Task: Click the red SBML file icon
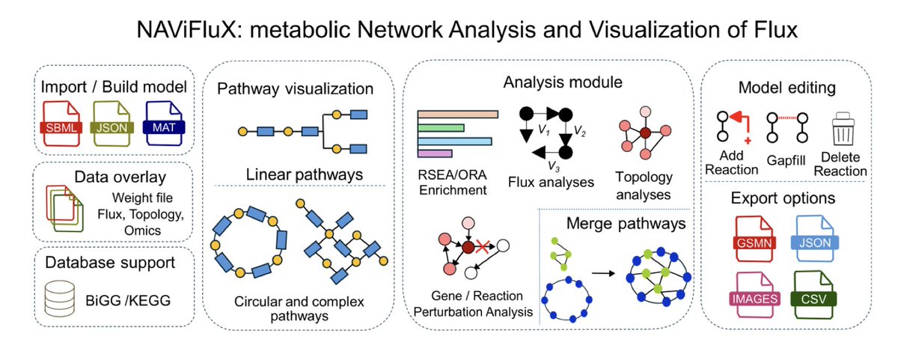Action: tap(61, 124)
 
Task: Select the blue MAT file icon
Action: tap(164, 123)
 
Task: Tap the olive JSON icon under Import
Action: tap(112, 124)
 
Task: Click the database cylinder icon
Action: tap(60, 299)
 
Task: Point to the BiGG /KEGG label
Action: tap(128, 300)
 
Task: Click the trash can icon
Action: tap(843, 129)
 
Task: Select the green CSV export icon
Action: tap(813, 295)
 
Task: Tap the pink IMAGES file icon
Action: tap(755, 295)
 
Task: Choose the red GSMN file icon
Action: tap(754, 239)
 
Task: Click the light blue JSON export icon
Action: tap(815, 239)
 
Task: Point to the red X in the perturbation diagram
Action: tap(482, 246)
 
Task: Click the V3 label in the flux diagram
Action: tap(554, 166)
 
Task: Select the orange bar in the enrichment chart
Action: tap(458, 115)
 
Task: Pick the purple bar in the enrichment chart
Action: tap(435, 153)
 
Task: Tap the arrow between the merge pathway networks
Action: tap(603, 273)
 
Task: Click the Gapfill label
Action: tap(786, 161)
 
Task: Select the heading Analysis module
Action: tap(563, 82)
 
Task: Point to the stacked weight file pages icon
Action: tap(64, 209)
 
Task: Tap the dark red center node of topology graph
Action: tap(645, 132)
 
